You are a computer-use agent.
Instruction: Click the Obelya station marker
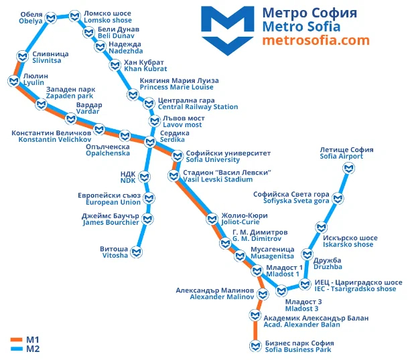pyautogui.click(x=51, y=18)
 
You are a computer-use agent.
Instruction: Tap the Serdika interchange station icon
pyautogui.click(x=150, y=142)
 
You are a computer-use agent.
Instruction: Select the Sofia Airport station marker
pyautogui.click(x=348, y=168)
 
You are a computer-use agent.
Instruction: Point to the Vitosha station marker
pyautogui.click(x=137, y=252)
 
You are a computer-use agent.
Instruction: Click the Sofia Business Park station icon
pyautogui.click(x=255, y=346)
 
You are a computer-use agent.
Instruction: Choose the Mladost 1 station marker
pyautogui.click(x=257, y=271)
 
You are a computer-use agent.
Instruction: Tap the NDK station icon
pyautogui.click(x=145, y=177)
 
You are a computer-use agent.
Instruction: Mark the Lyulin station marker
pyautogui.click(x=13, y=81)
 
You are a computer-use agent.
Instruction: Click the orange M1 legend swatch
pyautogui.click(x=16, y=340)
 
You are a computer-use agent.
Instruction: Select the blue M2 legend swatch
pyautogui.click(x=16, y=349)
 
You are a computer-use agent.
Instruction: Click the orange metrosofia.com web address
pyautogui.click(x=316, y=40)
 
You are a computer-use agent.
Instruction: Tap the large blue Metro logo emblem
pyautogui.click(x=228, y=31)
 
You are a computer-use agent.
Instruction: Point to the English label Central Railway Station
pyautogui.click(x=198, y=107)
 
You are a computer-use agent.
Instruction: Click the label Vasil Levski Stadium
pyautogui.click(x=218, y=179)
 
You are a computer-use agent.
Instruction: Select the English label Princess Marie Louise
pyautogui.click(x=177, y=87)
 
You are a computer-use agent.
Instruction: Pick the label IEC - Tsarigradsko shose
pyautogui.click(x=355, y=289)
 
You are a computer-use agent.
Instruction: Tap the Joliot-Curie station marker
pyautogui.click(x=212, y=219)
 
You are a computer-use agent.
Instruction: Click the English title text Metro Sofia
pyautogui.click(x=301, y=27)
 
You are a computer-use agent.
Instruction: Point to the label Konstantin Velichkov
pyautogui.click(x=55, y=140)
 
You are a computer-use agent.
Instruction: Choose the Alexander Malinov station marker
pyautogui.click(x=263, y=294)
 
